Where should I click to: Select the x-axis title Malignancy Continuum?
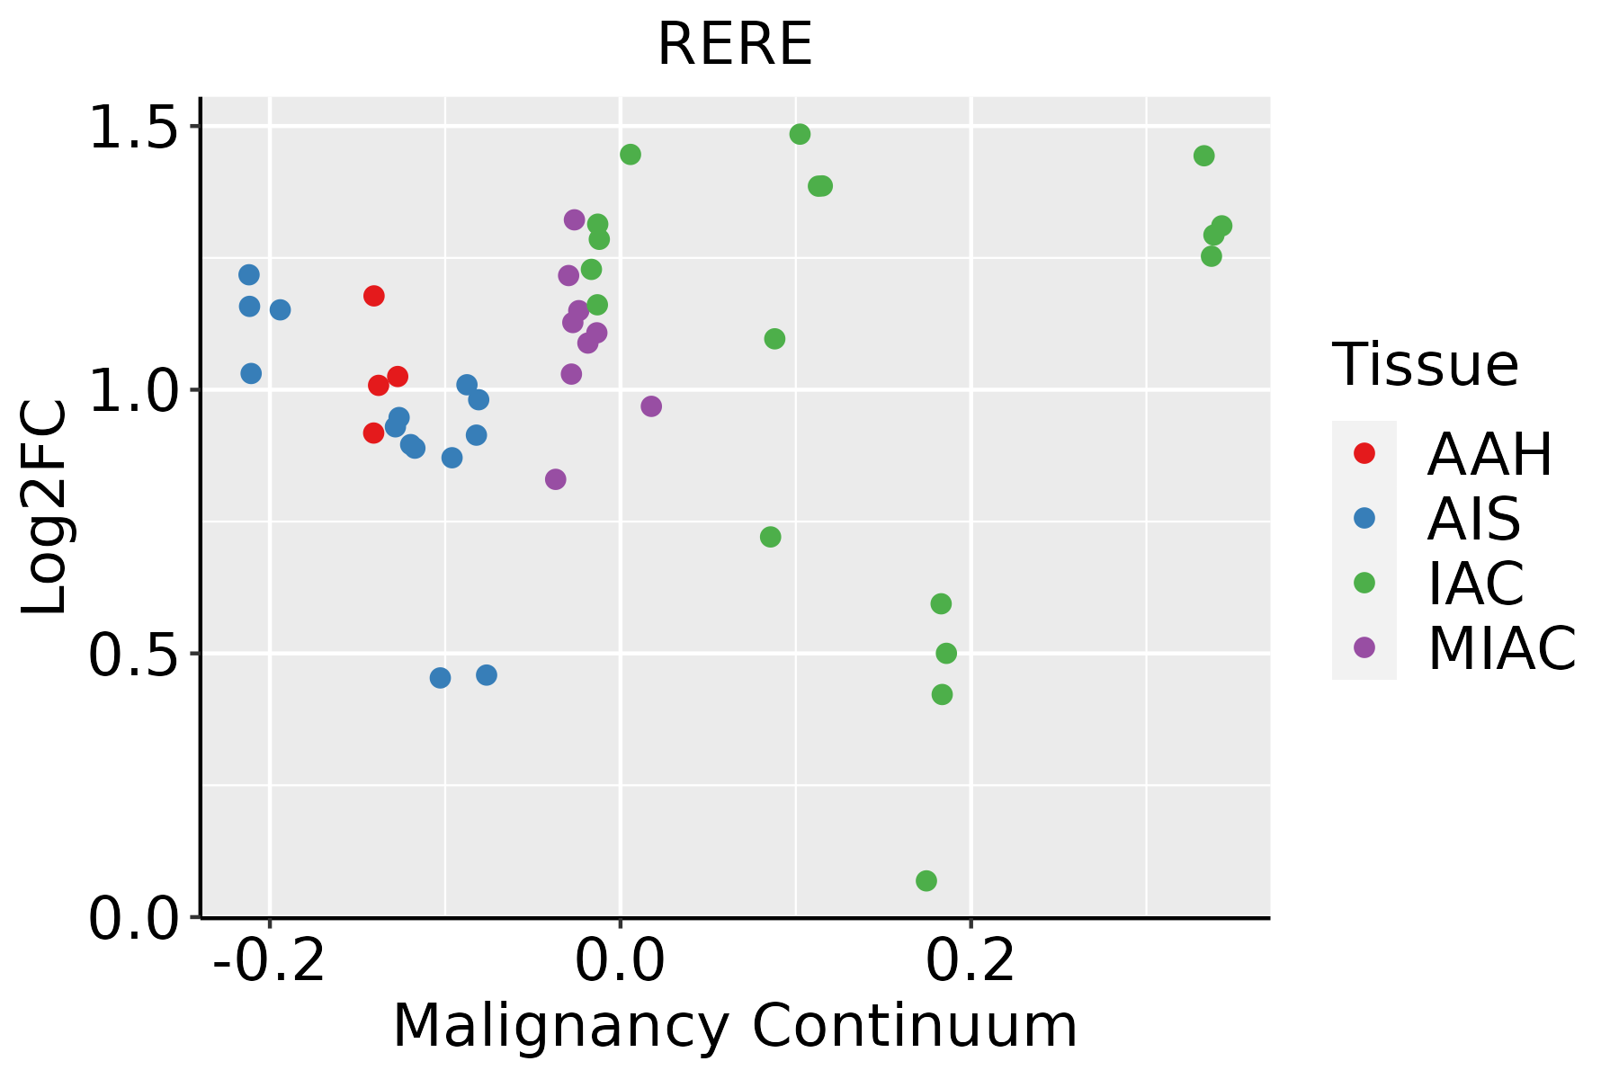tap(735, 1026)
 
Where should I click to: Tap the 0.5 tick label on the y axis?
tap(130, 654)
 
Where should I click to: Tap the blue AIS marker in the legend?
tap(1364, 518)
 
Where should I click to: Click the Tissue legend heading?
tap(1426, 365)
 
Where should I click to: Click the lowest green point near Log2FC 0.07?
tap(926, 880)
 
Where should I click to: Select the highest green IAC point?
tap(800, 134)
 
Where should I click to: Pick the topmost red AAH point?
tap(374, 296)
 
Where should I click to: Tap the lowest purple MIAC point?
tap(556, 479)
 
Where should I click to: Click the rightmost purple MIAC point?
tap(651, 406)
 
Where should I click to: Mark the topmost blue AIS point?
tap(249, 274)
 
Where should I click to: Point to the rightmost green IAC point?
tap(1221, 226)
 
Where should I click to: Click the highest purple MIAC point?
tap(574, 219)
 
